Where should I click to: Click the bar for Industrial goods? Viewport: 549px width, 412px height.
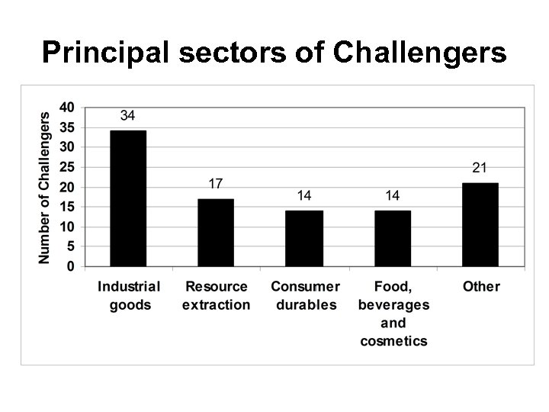pyautogui.click(x=128, y=198)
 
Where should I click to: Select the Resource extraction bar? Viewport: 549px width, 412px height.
pyautogui.click(x=216, y=233)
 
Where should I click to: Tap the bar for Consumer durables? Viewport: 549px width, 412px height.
pyautogui.click(x=304, y=238)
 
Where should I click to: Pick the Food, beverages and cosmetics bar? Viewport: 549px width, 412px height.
pyautogui.click(x=393, y=238)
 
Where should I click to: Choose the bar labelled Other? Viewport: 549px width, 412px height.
pyautogui.click(x=480, y=224)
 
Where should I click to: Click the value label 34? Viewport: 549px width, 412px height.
pyautogui.click(x=128, y=116)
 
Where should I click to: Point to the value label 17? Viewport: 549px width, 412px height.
pyautogui.click(x=216, y=184)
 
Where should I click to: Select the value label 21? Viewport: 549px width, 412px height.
pyautogui.click(x=480, y=168)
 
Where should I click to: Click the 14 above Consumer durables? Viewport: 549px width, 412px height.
pyautogui.click(x=304, y=196)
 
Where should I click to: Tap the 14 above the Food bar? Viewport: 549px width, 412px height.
pyautogui.click(x=393, y=196)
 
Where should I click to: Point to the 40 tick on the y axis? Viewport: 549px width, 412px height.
pyautogui.click(x=67, y=108)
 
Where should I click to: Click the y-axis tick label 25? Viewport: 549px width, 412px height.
pyautogui.click(x=67, y=167)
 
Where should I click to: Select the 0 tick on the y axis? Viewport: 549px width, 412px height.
pyautogui.click(x=71, y=267)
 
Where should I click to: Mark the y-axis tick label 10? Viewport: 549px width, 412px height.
pyautogui.click(x=67, y=227)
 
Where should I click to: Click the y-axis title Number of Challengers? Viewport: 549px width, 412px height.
pyautogui.click(x=45, y=188)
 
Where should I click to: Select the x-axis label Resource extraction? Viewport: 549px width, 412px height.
pyautogui.click(x=216, y=296)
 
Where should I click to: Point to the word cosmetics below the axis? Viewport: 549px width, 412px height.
pyautogui.click(x=393, y=341)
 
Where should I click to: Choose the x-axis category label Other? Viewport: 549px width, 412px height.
pyautogui.click(x=481, y=287)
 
